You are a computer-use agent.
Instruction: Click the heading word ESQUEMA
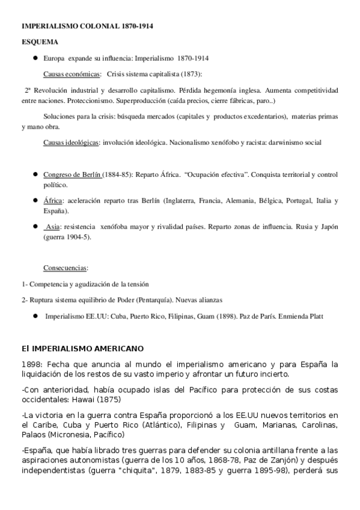(40, 43)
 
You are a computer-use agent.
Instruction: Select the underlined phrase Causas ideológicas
(71, 143)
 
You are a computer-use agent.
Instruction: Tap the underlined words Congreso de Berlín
(72, 175)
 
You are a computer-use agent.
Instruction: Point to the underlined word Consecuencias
(66, 267)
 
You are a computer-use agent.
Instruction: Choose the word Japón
(328, 227)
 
